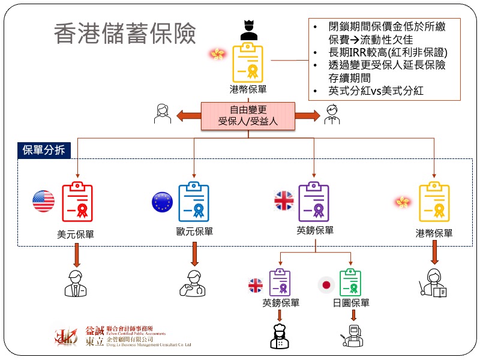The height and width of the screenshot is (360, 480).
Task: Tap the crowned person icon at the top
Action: click(249, 30)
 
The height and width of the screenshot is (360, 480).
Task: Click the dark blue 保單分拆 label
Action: click(44, 150)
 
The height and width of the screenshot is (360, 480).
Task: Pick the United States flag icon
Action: click(43, 200)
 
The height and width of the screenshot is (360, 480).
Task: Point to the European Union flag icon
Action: click(163, 201)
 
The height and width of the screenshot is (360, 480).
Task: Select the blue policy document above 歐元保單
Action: click(193, 201)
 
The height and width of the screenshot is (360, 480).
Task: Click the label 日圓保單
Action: click(351, 303)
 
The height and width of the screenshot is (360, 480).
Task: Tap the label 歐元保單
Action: click(194, 231)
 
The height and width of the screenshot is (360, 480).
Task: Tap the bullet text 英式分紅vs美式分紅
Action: click(376, 91)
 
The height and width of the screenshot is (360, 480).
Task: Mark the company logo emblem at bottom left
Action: click(66, 337)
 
